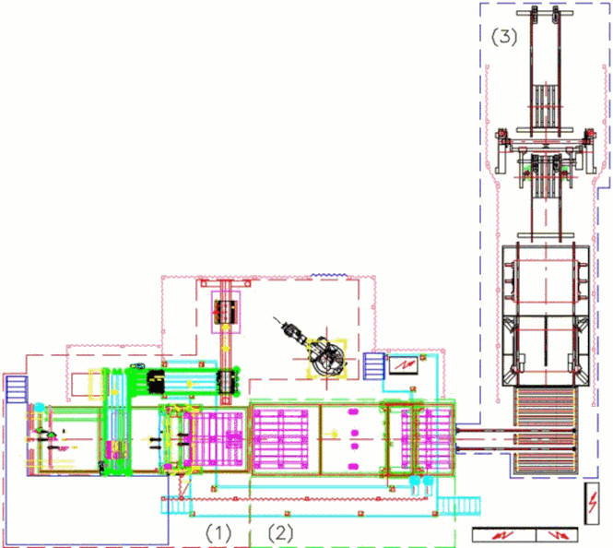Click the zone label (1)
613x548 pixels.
pos(218,532)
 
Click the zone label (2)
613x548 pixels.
pos(281,532)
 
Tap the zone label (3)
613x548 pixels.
pos(504,37)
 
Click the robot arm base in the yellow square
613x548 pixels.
pos(327,359)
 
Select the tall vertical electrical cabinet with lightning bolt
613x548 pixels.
pos(593,503)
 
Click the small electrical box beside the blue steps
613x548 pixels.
pos(404,364)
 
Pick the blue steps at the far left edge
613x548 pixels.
pos(17,389)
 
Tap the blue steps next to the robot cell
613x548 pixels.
pos(374,366)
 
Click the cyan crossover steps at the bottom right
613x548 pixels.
pos(458,506)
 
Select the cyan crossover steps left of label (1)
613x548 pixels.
pos(176,505)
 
